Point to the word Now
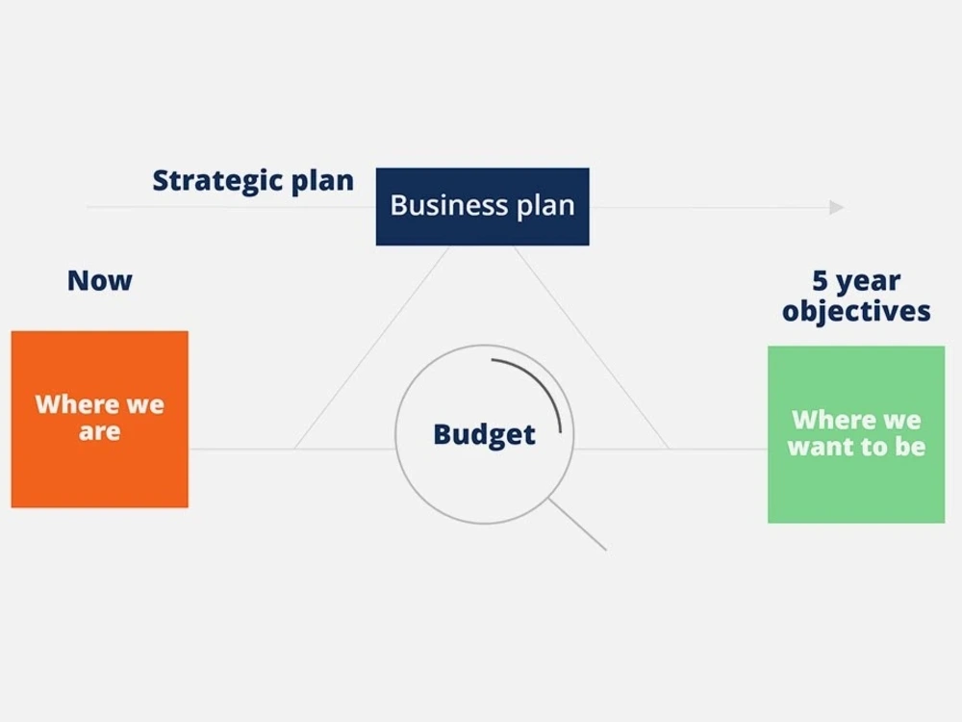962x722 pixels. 100,281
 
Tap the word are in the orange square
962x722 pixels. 100,432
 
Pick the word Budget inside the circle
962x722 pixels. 484,434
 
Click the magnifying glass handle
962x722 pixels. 577,525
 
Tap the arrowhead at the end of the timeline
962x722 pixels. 837,207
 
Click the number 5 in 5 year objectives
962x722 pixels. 820,281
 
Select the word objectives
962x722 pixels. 856,311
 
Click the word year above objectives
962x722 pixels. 869,282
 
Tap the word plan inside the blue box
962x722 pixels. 544,206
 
